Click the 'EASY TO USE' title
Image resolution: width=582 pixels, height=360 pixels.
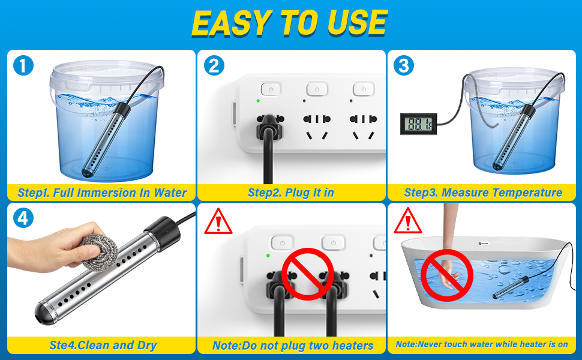(x=290, y=23)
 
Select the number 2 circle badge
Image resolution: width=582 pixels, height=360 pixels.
(x=214, y=65)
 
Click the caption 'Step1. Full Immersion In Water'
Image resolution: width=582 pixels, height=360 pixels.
(x=102, y=193)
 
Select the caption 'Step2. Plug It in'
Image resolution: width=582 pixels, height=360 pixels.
(x=291, y=193)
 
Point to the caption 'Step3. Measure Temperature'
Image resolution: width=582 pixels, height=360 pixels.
(x=483, y=193)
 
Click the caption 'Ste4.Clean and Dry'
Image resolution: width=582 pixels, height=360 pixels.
(x=103, y=345)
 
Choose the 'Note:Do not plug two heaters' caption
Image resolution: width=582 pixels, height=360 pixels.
(x=292, y=346)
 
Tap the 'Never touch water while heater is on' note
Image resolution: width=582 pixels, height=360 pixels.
(x=482, y=345)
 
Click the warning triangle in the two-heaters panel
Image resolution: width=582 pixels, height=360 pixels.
(x=218, y=223)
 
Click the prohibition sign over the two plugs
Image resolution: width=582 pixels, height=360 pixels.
(x=308, y=274)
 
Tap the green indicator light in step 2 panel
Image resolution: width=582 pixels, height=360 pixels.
(x=258, y=101)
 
